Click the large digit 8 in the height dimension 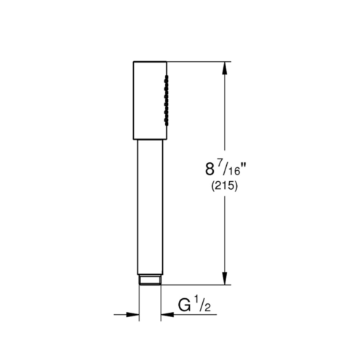point(209,169)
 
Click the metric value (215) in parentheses point(225,186)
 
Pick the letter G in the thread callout point(184,305)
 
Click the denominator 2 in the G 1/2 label point(207,308)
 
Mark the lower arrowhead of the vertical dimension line point(225,279)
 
